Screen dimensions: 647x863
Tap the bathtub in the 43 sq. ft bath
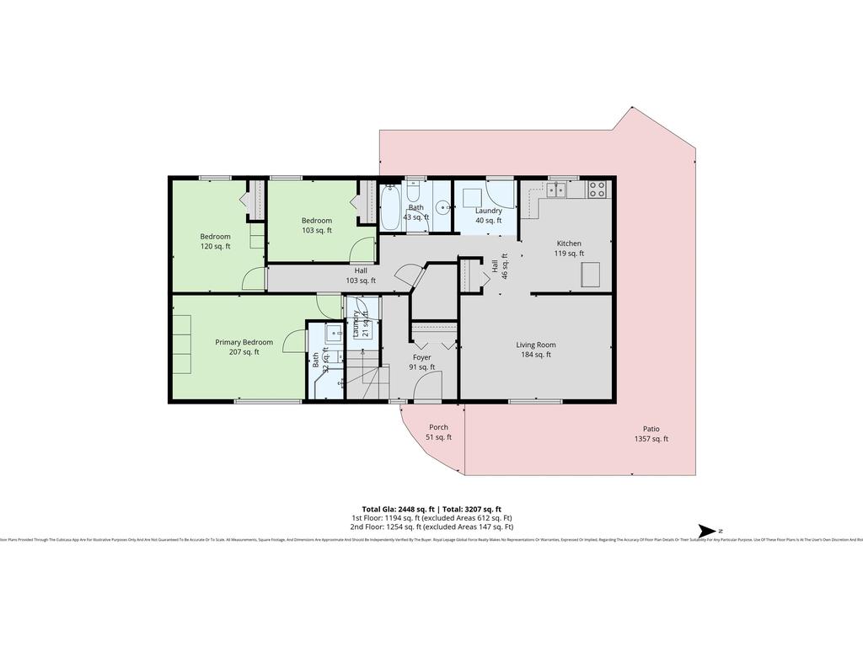tap(391, 209)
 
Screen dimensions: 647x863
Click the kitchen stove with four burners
tap(598, 190)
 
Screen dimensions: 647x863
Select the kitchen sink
tap(556, 190)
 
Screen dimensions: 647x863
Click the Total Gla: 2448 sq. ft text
tap(398, 509)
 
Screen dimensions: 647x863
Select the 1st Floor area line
tap(431, 518)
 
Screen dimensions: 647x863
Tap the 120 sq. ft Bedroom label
tap(215, 242)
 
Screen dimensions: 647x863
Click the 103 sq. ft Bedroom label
tap(317, 226)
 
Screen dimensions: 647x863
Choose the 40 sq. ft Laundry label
tap(489, 216)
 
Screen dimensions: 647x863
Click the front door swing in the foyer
tap(430, 388)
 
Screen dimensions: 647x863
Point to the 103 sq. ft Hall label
tap(361, 275)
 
